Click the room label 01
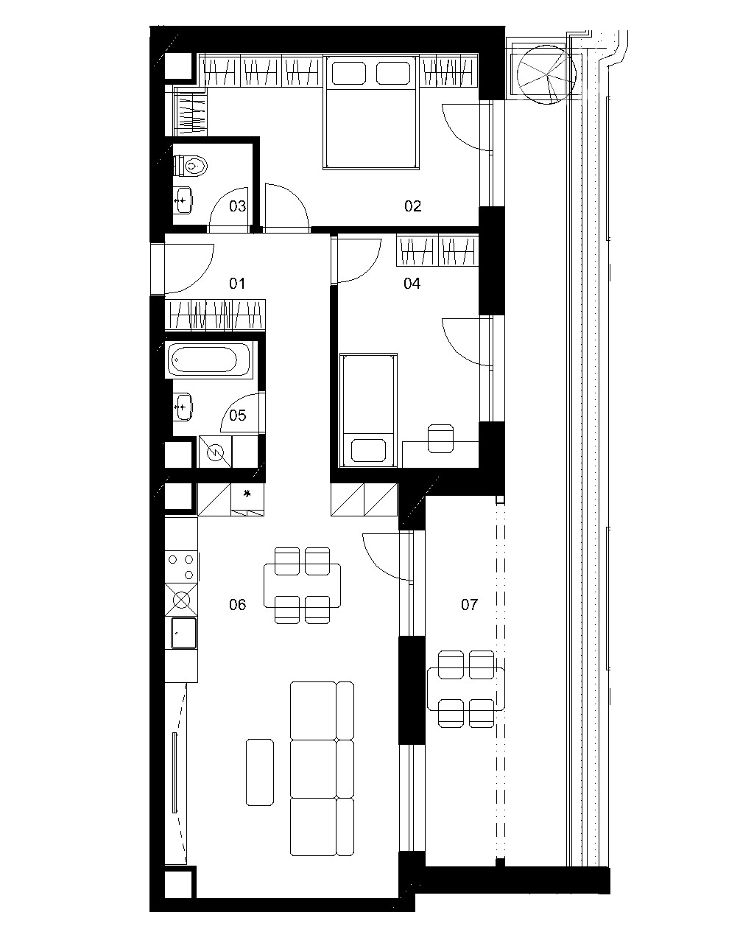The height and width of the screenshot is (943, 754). pyautogui.click(x=237, y=284)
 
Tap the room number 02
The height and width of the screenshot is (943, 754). pyautogui.click(x=412, y=206)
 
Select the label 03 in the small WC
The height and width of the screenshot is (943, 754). pyautogui.click(x=237, y=206)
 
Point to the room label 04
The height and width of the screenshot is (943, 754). pyautogui.click(x=412, y=284)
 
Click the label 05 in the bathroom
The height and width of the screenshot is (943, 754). pyautogui.click(x=237, y=415)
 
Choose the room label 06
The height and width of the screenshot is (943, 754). pyautogui.click(x=237, y=605)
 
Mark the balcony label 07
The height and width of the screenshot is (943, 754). pyautogui.click(x=469, y=605)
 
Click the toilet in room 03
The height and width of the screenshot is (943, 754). pyautogui.click(x=190, y=166)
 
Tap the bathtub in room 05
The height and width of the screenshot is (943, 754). pyautogui.click(x=209, y=360)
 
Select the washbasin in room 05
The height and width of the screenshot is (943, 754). pyautogui.click(x=183, y=407)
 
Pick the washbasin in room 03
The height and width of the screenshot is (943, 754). pyautogui.click(x=183, y=200)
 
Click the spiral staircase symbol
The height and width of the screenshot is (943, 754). pyautogui.click(x=546, y=74)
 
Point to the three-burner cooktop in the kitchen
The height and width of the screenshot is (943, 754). pyautogui.click(x=181, y=567)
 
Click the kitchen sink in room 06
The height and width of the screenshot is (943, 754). pyautogui.click(x=183, y=633)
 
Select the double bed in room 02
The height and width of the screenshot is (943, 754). pyautogui.click(x=371, y=112)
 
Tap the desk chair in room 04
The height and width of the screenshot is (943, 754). pyautogui.click(x=441, y=438)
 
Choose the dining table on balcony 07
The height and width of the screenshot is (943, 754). pyautogui.click(x=465, y=689)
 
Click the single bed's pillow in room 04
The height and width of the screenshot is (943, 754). pyautogui.click(x=368, y=450)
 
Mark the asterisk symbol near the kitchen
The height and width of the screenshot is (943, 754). pyautogui.click(x=247, y=494)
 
